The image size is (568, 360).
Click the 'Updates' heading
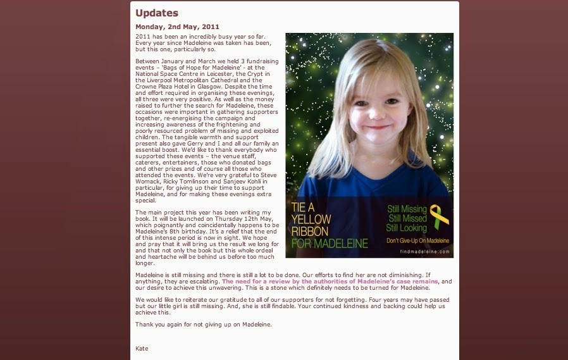(157, 13)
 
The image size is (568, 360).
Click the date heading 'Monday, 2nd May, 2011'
(177, 27)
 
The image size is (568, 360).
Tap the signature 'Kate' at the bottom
(142, 348)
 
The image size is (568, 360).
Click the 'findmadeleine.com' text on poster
(424, 252)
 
